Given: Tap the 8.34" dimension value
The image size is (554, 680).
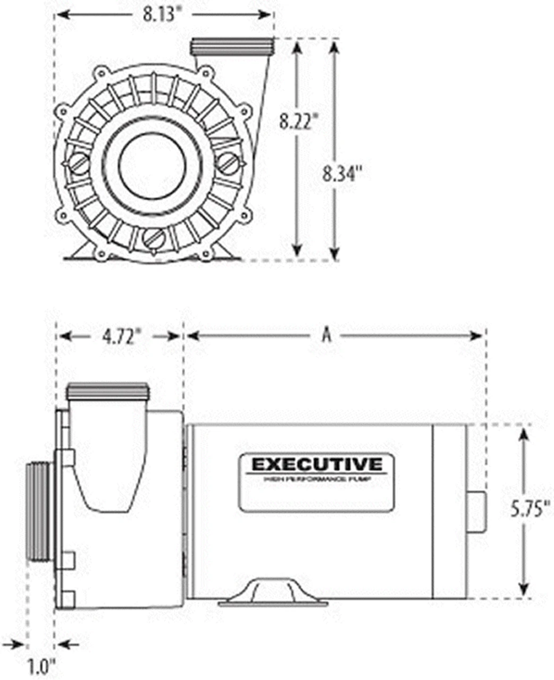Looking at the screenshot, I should (x=343, y=173).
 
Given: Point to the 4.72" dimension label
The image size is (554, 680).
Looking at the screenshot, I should (x=122, y=336).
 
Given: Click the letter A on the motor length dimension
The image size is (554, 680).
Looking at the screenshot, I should (x=327, y=335).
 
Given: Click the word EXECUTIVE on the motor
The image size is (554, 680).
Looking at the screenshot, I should (x=317, y=464).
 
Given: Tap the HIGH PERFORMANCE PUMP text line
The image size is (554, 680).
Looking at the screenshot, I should (x=317, y=479).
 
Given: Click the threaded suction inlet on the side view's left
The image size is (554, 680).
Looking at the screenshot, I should (x=39, y=510).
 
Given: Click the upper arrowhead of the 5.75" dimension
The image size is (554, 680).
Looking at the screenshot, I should (x=524, y=435).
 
